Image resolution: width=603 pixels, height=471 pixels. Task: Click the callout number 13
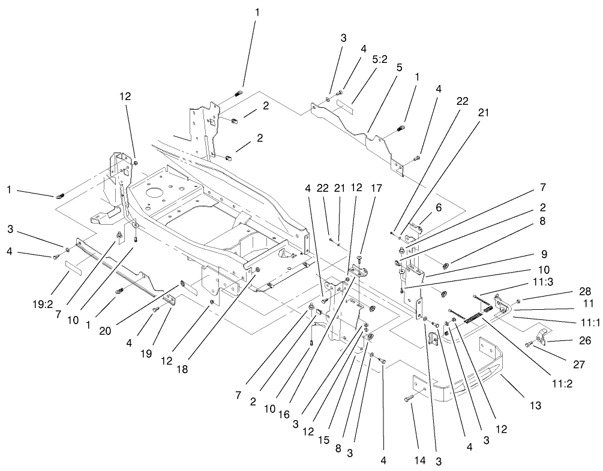(535, 406)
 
